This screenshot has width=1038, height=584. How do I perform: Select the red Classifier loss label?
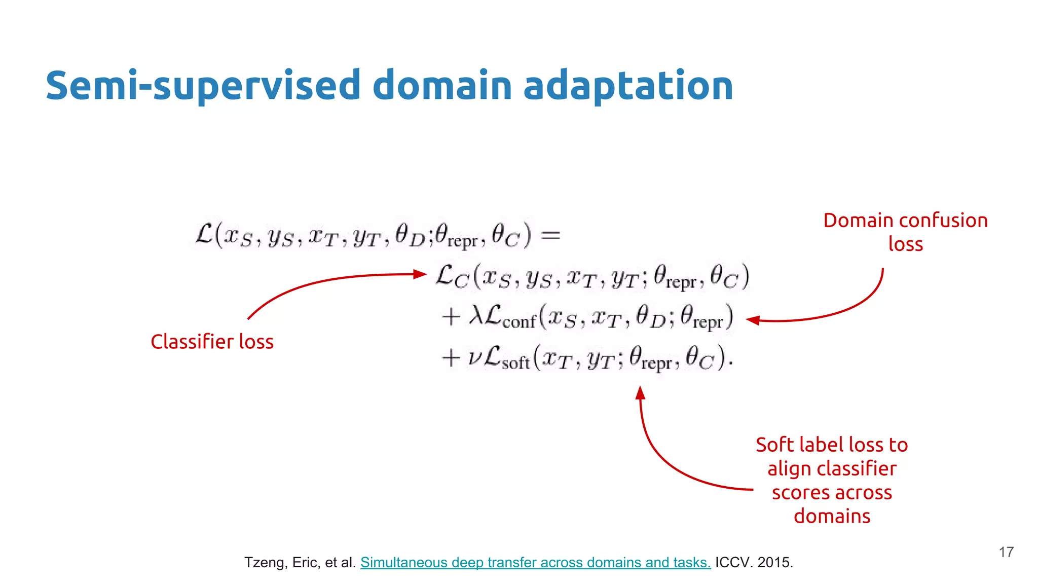212,342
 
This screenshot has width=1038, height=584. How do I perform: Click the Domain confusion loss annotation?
905,232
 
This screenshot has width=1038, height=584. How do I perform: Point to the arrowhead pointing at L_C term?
421,274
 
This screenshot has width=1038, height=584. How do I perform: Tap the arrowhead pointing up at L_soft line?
640,392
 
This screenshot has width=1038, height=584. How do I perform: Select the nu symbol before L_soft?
474,358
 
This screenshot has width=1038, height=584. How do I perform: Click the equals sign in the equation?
551,235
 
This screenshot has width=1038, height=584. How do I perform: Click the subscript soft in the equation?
515,363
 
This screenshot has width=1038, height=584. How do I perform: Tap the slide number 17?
1006,552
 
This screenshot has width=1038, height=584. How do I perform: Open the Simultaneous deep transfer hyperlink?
535,562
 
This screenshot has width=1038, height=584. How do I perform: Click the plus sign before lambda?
451,317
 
